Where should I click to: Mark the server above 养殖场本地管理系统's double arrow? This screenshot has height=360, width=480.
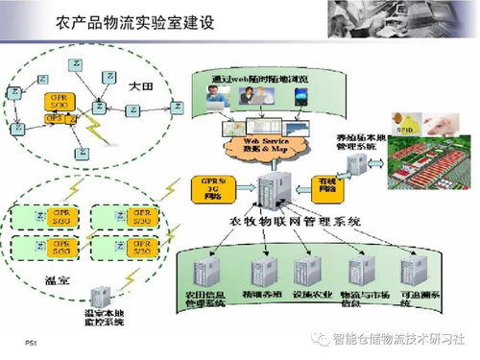tap(357, 164)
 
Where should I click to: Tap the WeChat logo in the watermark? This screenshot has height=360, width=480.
tap(319, 339)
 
